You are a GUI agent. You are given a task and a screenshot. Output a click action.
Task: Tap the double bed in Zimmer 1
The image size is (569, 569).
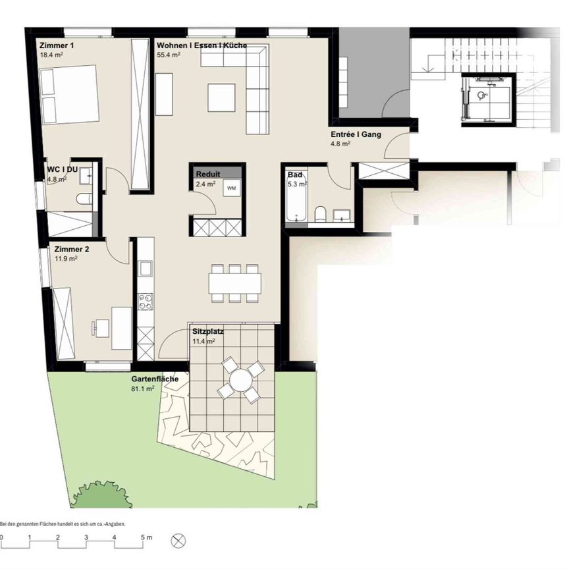[69, 94]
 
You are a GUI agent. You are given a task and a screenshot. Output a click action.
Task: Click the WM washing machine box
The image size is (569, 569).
[231, 188]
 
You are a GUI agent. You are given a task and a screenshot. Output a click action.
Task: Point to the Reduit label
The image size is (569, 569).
[207, 174]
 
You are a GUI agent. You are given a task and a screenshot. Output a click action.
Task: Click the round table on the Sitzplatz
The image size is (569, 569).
[241, 380]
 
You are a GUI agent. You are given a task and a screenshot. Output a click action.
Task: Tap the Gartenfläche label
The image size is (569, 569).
[155, 379]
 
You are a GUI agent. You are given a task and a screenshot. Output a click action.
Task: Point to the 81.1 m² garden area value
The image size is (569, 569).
[143, 389]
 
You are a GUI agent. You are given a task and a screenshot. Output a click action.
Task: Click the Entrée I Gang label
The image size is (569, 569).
[356, 134]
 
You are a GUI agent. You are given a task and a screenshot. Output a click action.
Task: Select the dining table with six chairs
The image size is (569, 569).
[235, 283]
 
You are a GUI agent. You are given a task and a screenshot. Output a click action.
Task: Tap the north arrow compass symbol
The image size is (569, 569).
[178, 540]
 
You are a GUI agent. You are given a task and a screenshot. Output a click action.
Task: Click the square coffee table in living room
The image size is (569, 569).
[221, 98]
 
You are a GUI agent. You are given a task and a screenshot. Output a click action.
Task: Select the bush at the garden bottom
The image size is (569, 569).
[99, 495]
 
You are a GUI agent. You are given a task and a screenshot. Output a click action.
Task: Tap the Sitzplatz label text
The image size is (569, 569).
[207, 332]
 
